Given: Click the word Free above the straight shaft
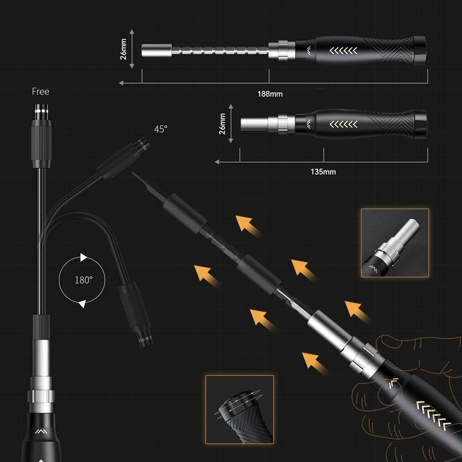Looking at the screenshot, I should point(41,91).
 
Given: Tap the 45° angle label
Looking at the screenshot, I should point(161,129).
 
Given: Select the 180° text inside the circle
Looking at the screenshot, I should point(83,280).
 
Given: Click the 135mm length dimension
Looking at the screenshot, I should point(323,172).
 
